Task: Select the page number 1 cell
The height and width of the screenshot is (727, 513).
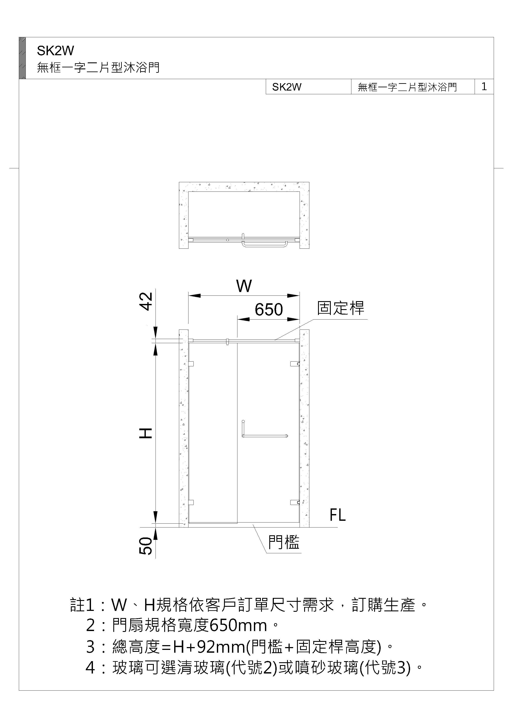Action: pyautogui.click(x=484, y=86)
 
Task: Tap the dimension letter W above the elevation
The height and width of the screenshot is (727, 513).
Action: pyautogui.click(x=244, y=286)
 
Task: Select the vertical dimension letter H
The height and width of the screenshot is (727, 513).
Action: pyautogui.click(x=146, y=433)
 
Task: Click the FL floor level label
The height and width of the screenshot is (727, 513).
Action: pyautogui.click(x=337, y=515)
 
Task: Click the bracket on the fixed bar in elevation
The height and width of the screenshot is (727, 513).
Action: pyautogui.click(x=227, y=342)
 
